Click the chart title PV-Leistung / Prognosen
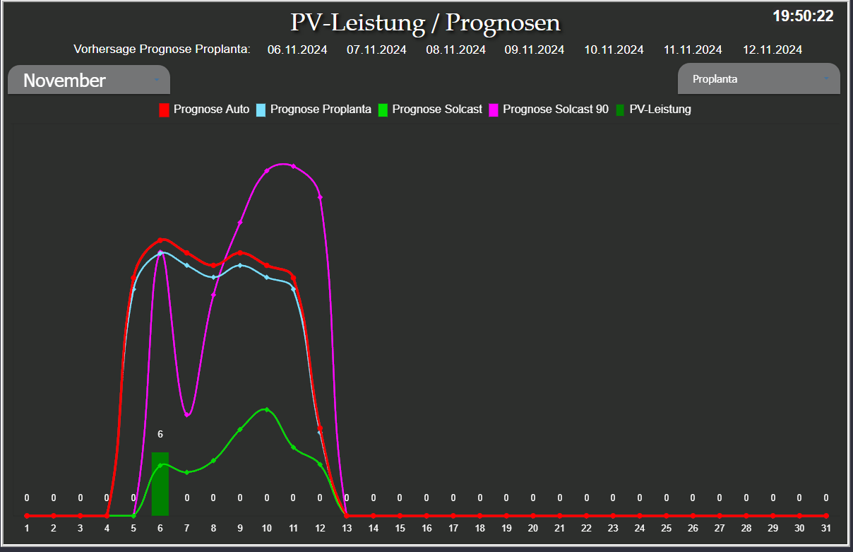click(x=425, y=23)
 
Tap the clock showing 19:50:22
click(x=803, y=16)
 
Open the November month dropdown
click(x=89, y=80)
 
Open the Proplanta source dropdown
click(x=758, y=79)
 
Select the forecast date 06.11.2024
click(x=297, y=49)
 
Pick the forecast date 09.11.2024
click(x=534, y=49)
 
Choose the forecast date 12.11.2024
click(x=772, y=49)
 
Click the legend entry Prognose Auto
click(x=204, y=110)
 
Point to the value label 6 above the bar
click(x=160, y=434)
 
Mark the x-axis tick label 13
click(x=346, y=528)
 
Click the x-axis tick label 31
click(x=825, y=528)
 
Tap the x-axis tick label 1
click(x=27, y=528)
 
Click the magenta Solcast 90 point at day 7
click(x=187, y=415)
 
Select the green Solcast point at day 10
click(x=266, y=409)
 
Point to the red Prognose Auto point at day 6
click(x=160, y=240)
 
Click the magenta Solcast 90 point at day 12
click(x=320, y=197)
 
